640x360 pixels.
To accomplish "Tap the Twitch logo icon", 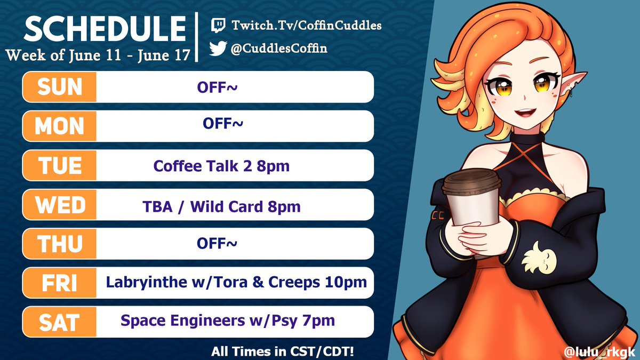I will [x=218, y=25].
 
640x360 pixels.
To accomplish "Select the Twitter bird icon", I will [x=218, y=49].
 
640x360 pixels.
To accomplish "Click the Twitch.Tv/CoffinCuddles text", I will [x=306, y=25].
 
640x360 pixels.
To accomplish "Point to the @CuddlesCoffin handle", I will [x=279, y=49].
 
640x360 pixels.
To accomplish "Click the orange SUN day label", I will [x=60, y=87].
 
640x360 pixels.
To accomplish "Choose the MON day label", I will [x=60, y=126].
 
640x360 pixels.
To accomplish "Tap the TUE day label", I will [x=60, y=165].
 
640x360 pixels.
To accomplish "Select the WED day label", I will [x=60, y=205].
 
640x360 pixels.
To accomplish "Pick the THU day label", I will [x=60, y=244].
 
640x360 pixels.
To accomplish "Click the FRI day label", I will [x=60, y=283].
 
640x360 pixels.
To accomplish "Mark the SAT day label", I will [x=60, y=322].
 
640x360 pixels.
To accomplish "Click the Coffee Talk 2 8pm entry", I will [x=221, y=166].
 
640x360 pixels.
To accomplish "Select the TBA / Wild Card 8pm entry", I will [x=221, y=205].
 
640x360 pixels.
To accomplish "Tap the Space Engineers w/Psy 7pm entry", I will [x=228, y=321].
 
